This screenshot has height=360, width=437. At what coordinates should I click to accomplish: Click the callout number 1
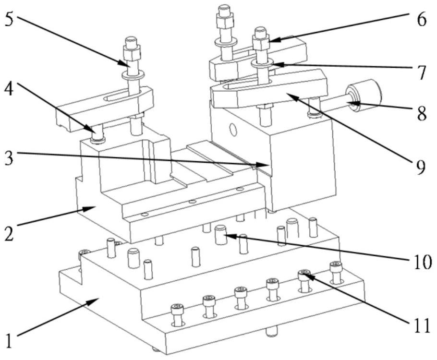[11, 339]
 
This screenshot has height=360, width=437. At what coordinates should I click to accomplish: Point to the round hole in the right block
[233, 129]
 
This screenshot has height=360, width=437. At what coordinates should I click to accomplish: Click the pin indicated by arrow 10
[220, 234]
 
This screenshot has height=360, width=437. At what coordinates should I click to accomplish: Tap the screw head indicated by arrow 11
[304, 275]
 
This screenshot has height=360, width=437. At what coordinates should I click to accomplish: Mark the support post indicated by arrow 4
[99, 134]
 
